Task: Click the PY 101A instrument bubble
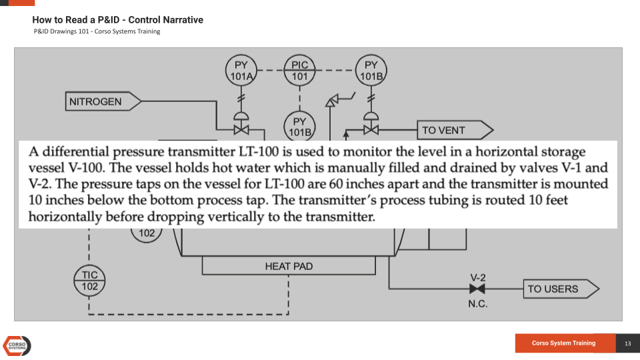(241, 71)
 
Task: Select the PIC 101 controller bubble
(300, 71)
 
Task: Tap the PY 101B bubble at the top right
(371, 71)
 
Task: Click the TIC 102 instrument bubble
(89, 280)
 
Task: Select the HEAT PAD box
(289, 266)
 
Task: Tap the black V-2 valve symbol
(477, 289)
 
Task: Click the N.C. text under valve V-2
(477, 304)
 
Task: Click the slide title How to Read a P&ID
(118, 20)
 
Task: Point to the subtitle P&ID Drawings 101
(97, 31)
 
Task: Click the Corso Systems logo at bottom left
(17, 345)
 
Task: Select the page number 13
(627, 343)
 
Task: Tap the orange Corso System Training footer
(564, 343)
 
